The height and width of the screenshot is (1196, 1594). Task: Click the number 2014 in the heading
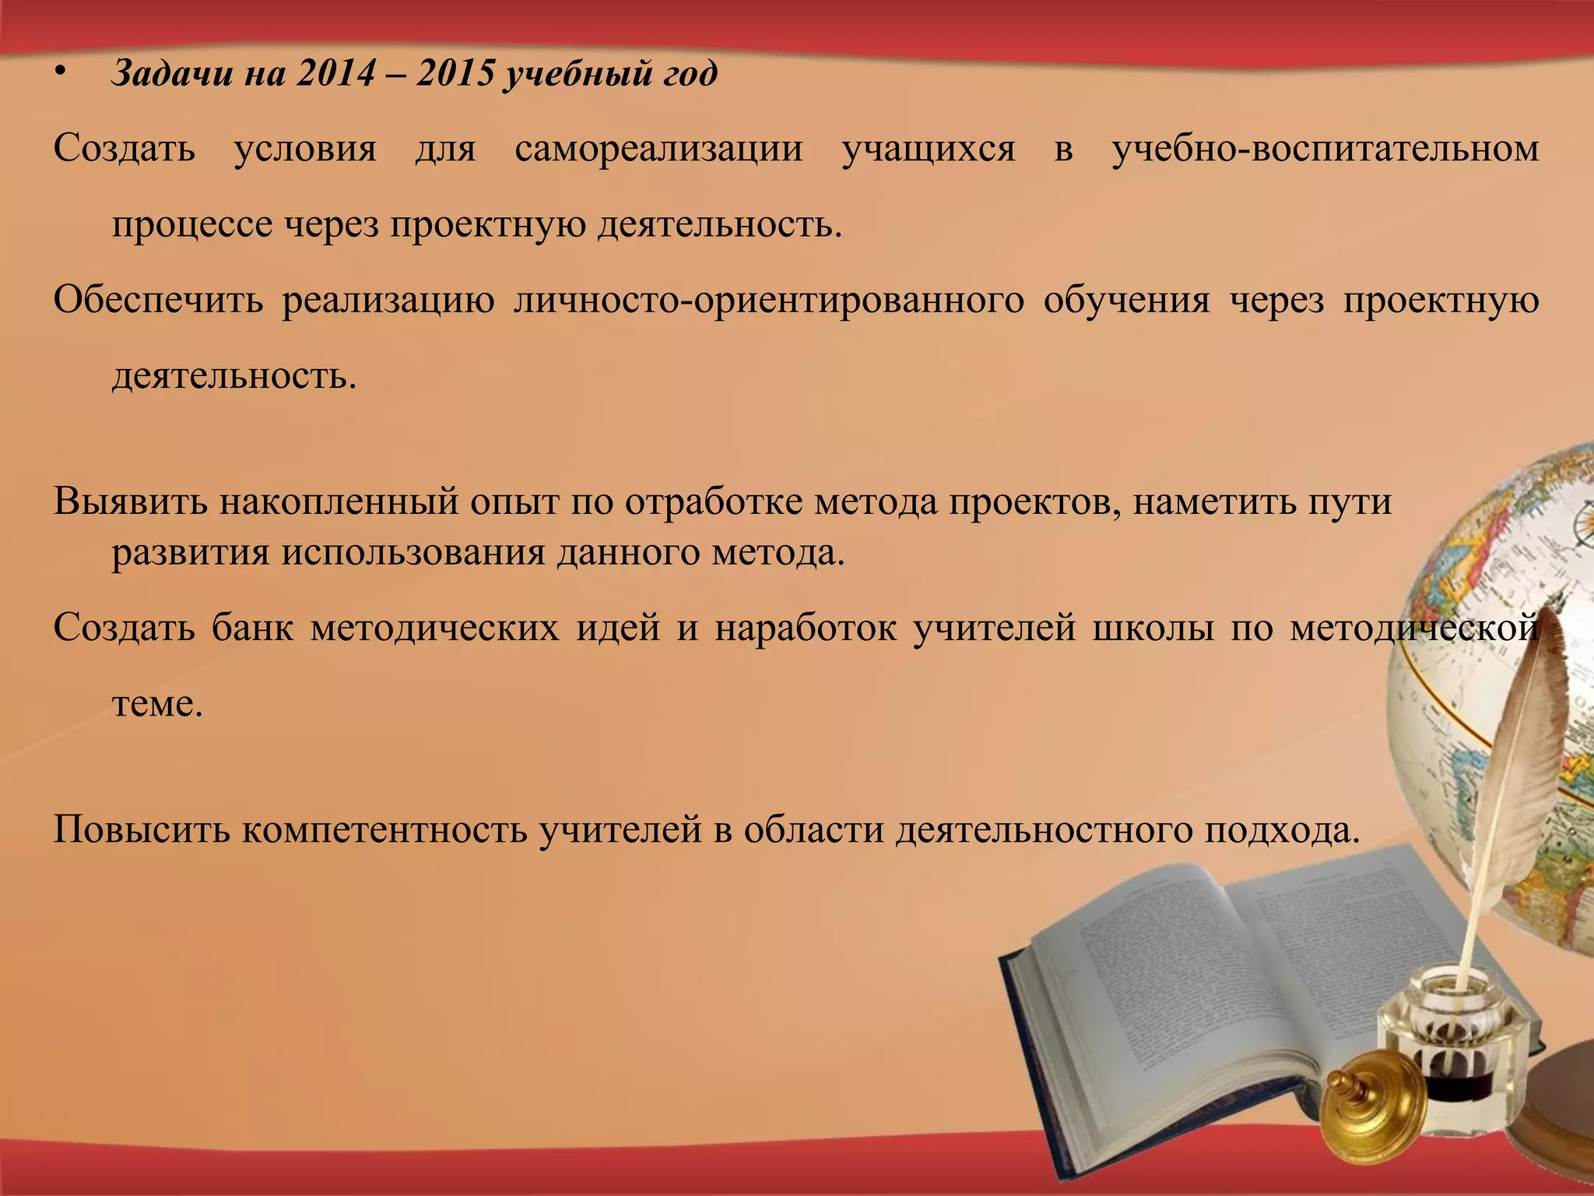coord(335,75)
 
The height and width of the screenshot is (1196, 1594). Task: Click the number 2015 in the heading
coord(455,75)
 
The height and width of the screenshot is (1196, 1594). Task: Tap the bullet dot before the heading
coord(61,73)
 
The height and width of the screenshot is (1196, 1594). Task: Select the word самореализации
coord(658,149)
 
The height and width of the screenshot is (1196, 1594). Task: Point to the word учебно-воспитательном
coord(1325,149)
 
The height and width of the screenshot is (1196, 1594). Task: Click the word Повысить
coord(141,831)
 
